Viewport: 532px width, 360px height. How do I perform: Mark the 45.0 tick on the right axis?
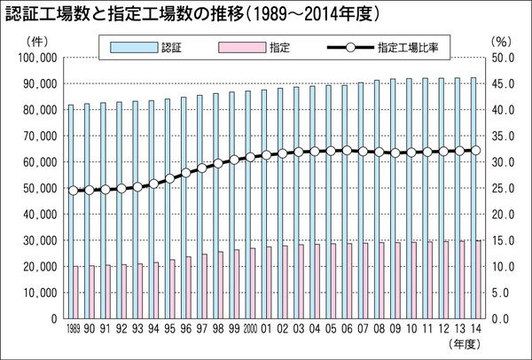point(500,83)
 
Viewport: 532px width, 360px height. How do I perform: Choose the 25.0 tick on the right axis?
point(500,188)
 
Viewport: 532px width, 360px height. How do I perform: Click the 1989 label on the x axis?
point(73,328)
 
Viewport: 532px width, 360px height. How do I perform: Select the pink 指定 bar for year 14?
point(480,278)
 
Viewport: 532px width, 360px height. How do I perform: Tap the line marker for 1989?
point(73,190)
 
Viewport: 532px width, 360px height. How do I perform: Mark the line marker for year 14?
point(475,150)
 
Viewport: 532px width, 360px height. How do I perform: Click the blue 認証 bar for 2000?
point(247,204)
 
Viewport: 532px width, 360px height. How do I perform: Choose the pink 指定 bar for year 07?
point(365,280)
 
